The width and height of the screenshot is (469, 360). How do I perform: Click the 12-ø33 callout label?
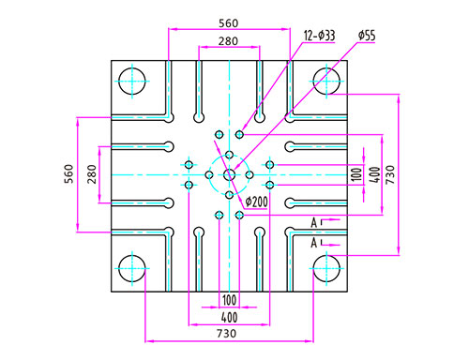pos(319,36)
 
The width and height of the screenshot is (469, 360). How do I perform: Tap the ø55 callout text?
pos(367,36)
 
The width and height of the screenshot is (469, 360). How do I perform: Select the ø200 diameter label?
pos(256,202)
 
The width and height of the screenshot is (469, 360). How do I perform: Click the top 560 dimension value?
pos(228,23)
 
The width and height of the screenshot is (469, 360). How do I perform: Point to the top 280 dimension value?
pos(228,41)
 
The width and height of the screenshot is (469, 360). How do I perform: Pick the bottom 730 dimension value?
pos(227,334)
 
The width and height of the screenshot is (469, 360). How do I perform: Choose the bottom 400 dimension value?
pos(229,318)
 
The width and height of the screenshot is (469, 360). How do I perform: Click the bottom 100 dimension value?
pos(229,300)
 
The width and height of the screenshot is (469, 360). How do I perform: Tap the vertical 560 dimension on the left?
pos(68,174)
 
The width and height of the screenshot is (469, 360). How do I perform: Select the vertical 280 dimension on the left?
pos(92,174)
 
